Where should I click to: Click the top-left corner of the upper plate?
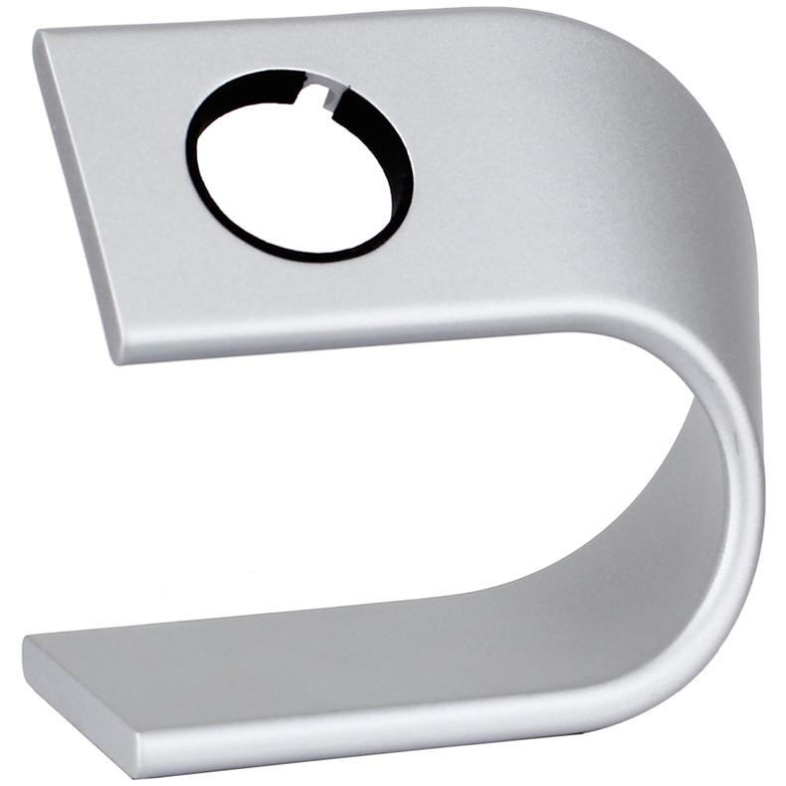point(40,37)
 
